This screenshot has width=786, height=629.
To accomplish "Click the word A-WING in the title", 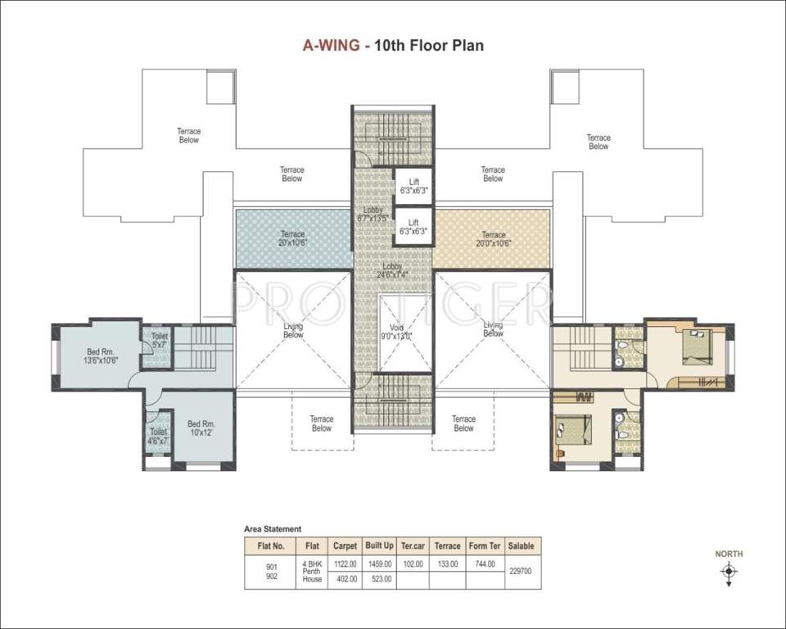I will (x=331, y=45).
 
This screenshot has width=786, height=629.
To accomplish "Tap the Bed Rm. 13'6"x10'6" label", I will (x=102, y=355).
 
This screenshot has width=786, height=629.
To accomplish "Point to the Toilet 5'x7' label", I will (x=158, y=340).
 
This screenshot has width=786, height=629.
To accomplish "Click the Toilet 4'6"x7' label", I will (x=158, y=437).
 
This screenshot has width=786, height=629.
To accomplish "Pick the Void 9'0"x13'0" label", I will (x=397, y=332).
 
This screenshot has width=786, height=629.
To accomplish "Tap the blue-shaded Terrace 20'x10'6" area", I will (x=292, y=238).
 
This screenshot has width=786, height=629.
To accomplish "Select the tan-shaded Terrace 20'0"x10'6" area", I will (x=493, y=238).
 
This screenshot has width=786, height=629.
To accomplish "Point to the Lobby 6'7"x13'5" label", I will (x=373, y=214).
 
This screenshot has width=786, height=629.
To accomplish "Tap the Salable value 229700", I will (x=522, y=572).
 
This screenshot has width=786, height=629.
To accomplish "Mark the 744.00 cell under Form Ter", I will (x=484, y=563).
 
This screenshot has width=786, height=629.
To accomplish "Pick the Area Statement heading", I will (x=273, y=529).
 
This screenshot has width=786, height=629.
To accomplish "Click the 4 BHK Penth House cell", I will (x=312, y=572).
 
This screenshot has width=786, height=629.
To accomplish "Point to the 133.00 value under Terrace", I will (x=448, y=563).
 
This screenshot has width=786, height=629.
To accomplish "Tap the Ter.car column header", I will (x=413, y=545).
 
